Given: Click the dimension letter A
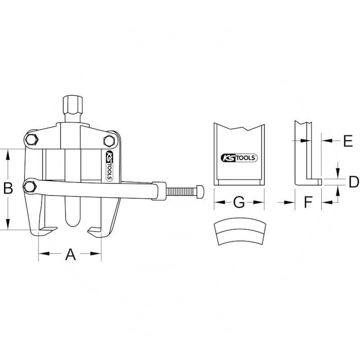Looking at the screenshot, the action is [x=71, y=254].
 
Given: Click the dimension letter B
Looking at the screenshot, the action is [x=8, y=188].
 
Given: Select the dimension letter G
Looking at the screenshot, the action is [x=239, y=202].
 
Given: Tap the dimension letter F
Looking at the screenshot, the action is [x=308, y=202].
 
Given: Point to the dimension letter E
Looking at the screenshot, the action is [x=348, y=141].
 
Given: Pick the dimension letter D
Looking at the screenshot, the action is [x=354, y=182].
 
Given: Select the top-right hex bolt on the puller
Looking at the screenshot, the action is [x=109, y=140].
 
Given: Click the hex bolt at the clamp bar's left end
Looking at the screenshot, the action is [x=30, y=186].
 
